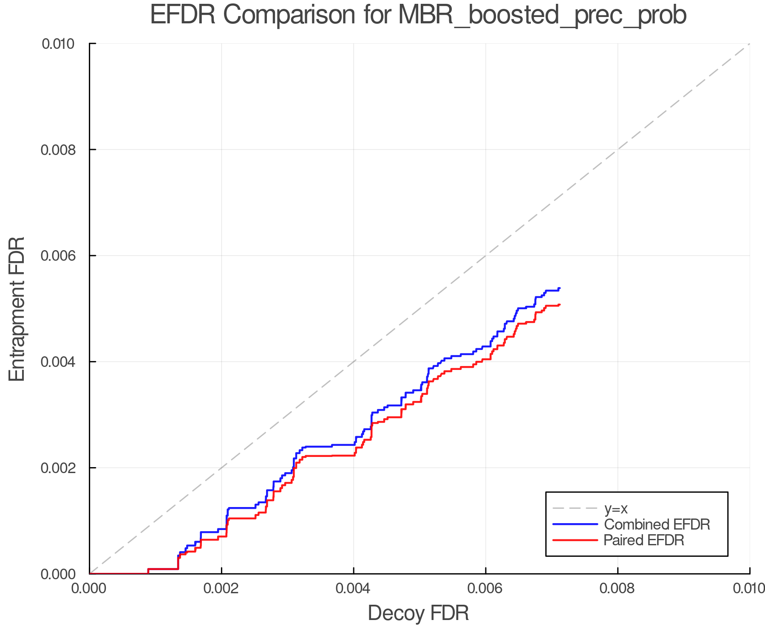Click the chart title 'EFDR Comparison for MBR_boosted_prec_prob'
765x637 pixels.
coord(418,15)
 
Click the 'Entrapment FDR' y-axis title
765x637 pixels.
coord(17,309)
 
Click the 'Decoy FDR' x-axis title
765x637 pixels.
coord(418,613)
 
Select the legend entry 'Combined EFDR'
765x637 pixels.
coord(657,524)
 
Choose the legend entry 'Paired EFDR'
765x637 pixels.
coord(644,540)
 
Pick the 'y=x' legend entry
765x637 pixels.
coord(616,508)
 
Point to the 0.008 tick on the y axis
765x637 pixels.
coord(62,149)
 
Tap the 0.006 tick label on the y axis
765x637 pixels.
coord(62,256)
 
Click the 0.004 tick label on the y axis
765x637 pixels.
coord(62,362)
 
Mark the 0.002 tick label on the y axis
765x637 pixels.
coord(62,468)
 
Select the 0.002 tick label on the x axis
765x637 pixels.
coord(221,589)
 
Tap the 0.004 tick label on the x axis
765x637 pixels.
coord(354,589)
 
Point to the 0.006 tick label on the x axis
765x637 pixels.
coord(485,589)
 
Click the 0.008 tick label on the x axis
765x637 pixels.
coord(618,589)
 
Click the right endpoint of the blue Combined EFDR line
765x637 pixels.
coord(560,288)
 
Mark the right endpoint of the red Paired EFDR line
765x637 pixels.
coord(560,304)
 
